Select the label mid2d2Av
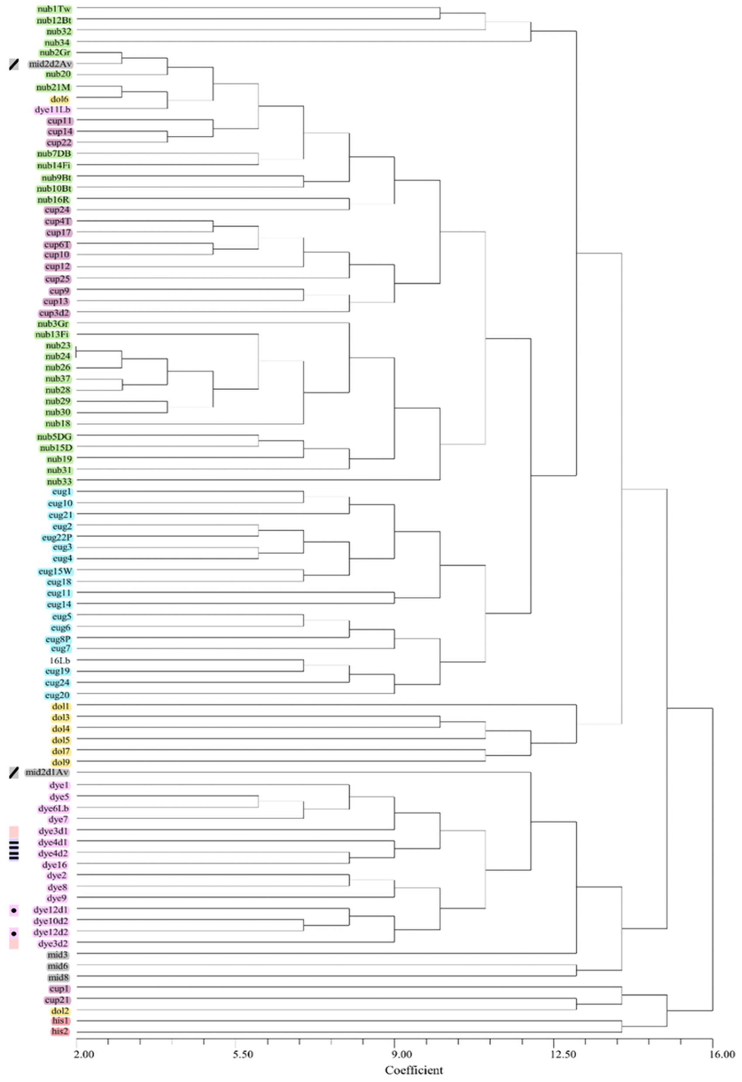coord(50,64)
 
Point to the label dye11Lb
coord(53,110)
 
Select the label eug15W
coord(55,571)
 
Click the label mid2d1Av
coord(47,772)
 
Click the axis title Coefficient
coord(413,1070)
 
